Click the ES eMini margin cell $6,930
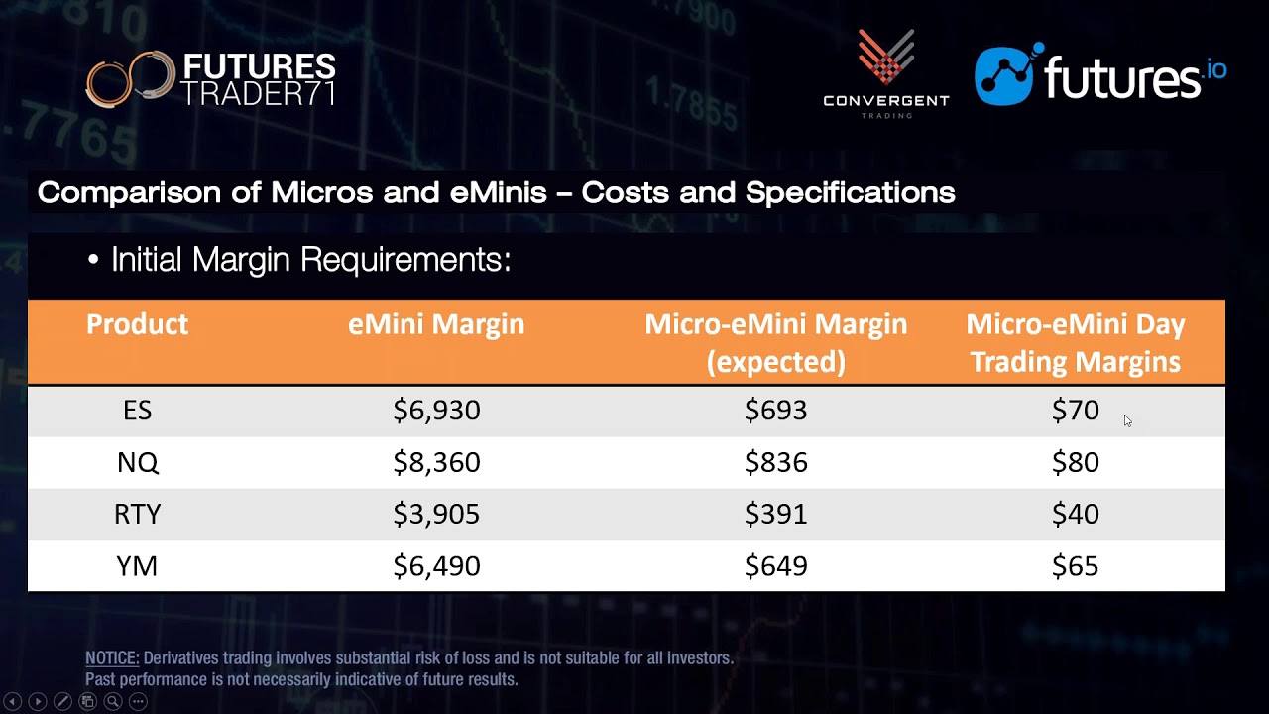coord(436,411)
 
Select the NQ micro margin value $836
coord(775,462)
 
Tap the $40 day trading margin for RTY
coord(1075,514)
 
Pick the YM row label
coord(137,566)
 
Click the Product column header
coord(137,324)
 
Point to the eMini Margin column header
coord(436,324)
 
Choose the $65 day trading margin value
coord(1075,566)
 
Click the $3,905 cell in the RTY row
coord(436,514)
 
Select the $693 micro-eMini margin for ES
coord(775,411)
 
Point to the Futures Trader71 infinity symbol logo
coord(127,79)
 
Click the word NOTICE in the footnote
coord(112,658)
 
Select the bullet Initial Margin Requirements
coord(310,260)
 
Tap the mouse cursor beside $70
coord(1127,420)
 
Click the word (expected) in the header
coord(775,362)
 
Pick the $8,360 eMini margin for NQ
coord(436,462)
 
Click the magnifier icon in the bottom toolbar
coord(113,702)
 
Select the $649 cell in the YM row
coord(775,566)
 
